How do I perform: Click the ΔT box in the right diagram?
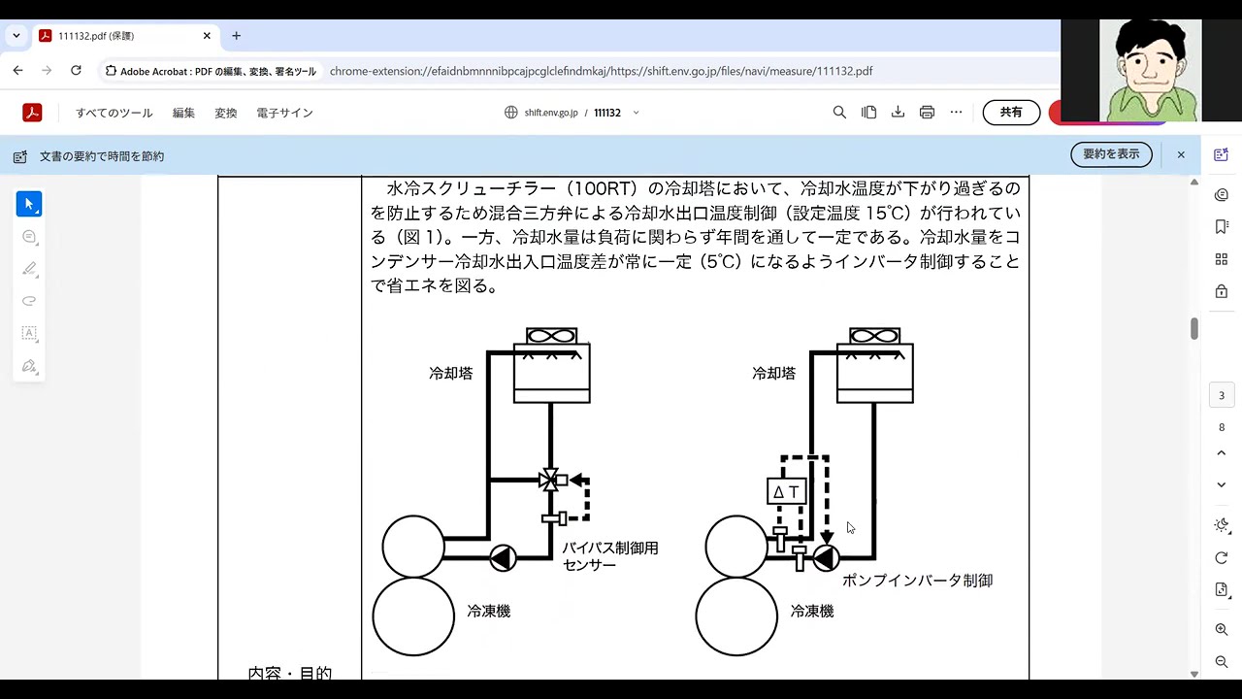click(x=786, y=491)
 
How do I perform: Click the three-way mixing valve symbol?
click(x=550, y=480)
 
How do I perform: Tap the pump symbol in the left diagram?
click(x=503, y=558)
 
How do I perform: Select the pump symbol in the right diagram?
click(x=826, y=558)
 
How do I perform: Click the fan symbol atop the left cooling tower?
click(x=552, y=336)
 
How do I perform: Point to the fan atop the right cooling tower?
click(x=875, y=336)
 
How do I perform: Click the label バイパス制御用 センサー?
click(x=610, y=556)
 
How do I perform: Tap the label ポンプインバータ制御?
click(x=918, y=581)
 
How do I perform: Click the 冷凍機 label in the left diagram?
click(x=488, y=612)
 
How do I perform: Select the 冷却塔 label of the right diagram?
click(x=774, y=374)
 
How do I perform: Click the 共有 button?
click(x=1011, y=113)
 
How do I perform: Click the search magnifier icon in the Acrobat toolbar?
click(x=839, y=113)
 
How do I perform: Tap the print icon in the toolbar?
click(x=927, y=113)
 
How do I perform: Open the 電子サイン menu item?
click(x=284, y=114)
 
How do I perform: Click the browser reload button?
click(x=76, y=71)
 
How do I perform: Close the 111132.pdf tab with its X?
click(x=207, y=36)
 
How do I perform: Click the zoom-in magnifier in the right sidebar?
click(x=1222, y=630)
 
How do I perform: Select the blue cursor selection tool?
click(x=29, y=204)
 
